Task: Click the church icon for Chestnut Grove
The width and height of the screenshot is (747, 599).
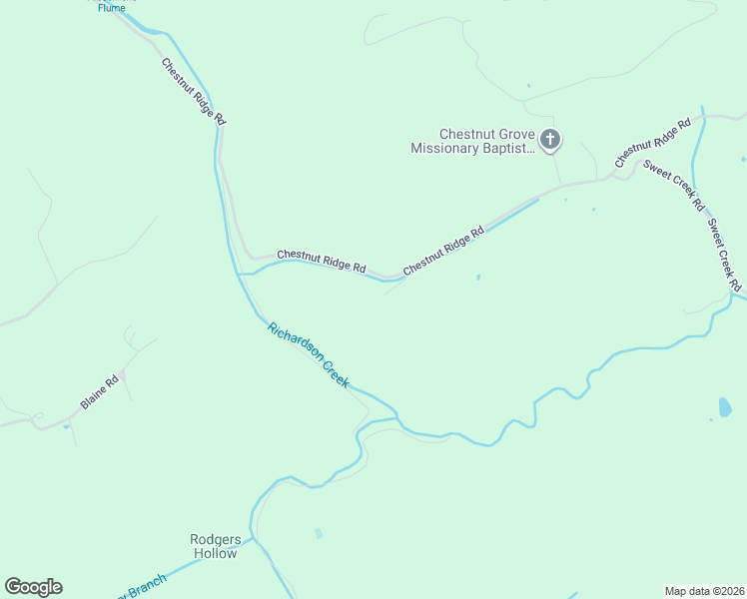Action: (550, 140)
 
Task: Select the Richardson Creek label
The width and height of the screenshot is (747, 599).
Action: (309, 354)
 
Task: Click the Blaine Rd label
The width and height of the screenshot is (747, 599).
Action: (100, 390)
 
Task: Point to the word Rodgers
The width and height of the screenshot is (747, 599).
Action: (216, 540)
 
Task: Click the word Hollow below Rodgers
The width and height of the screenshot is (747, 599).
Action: (215, 553)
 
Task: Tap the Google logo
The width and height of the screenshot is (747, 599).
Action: (33, 587)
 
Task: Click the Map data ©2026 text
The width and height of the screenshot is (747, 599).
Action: (705, 590)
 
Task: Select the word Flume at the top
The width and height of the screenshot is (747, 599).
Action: (111, 8)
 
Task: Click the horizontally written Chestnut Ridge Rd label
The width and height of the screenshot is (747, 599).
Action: (322, 262)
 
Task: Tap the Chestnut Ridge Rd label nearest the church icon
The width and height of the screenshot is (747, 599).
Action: (652, 144)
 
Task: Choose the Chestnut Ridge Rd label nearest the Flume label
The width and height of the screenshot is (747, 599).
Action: (194, 91)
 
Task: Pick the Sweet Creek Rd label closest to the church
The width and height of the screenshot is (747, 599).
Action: (674, 185)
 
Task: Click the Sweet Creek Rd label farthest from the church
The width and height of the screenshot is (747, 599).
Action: (724, 254)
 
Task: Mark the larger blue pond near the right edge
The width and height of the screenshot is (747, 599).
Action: (724, 406)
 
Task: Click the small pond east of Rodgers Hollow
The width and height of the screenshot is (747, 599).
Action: (319, 533)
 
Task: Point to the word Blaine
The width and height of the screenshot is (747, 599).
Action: (93, 396)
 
